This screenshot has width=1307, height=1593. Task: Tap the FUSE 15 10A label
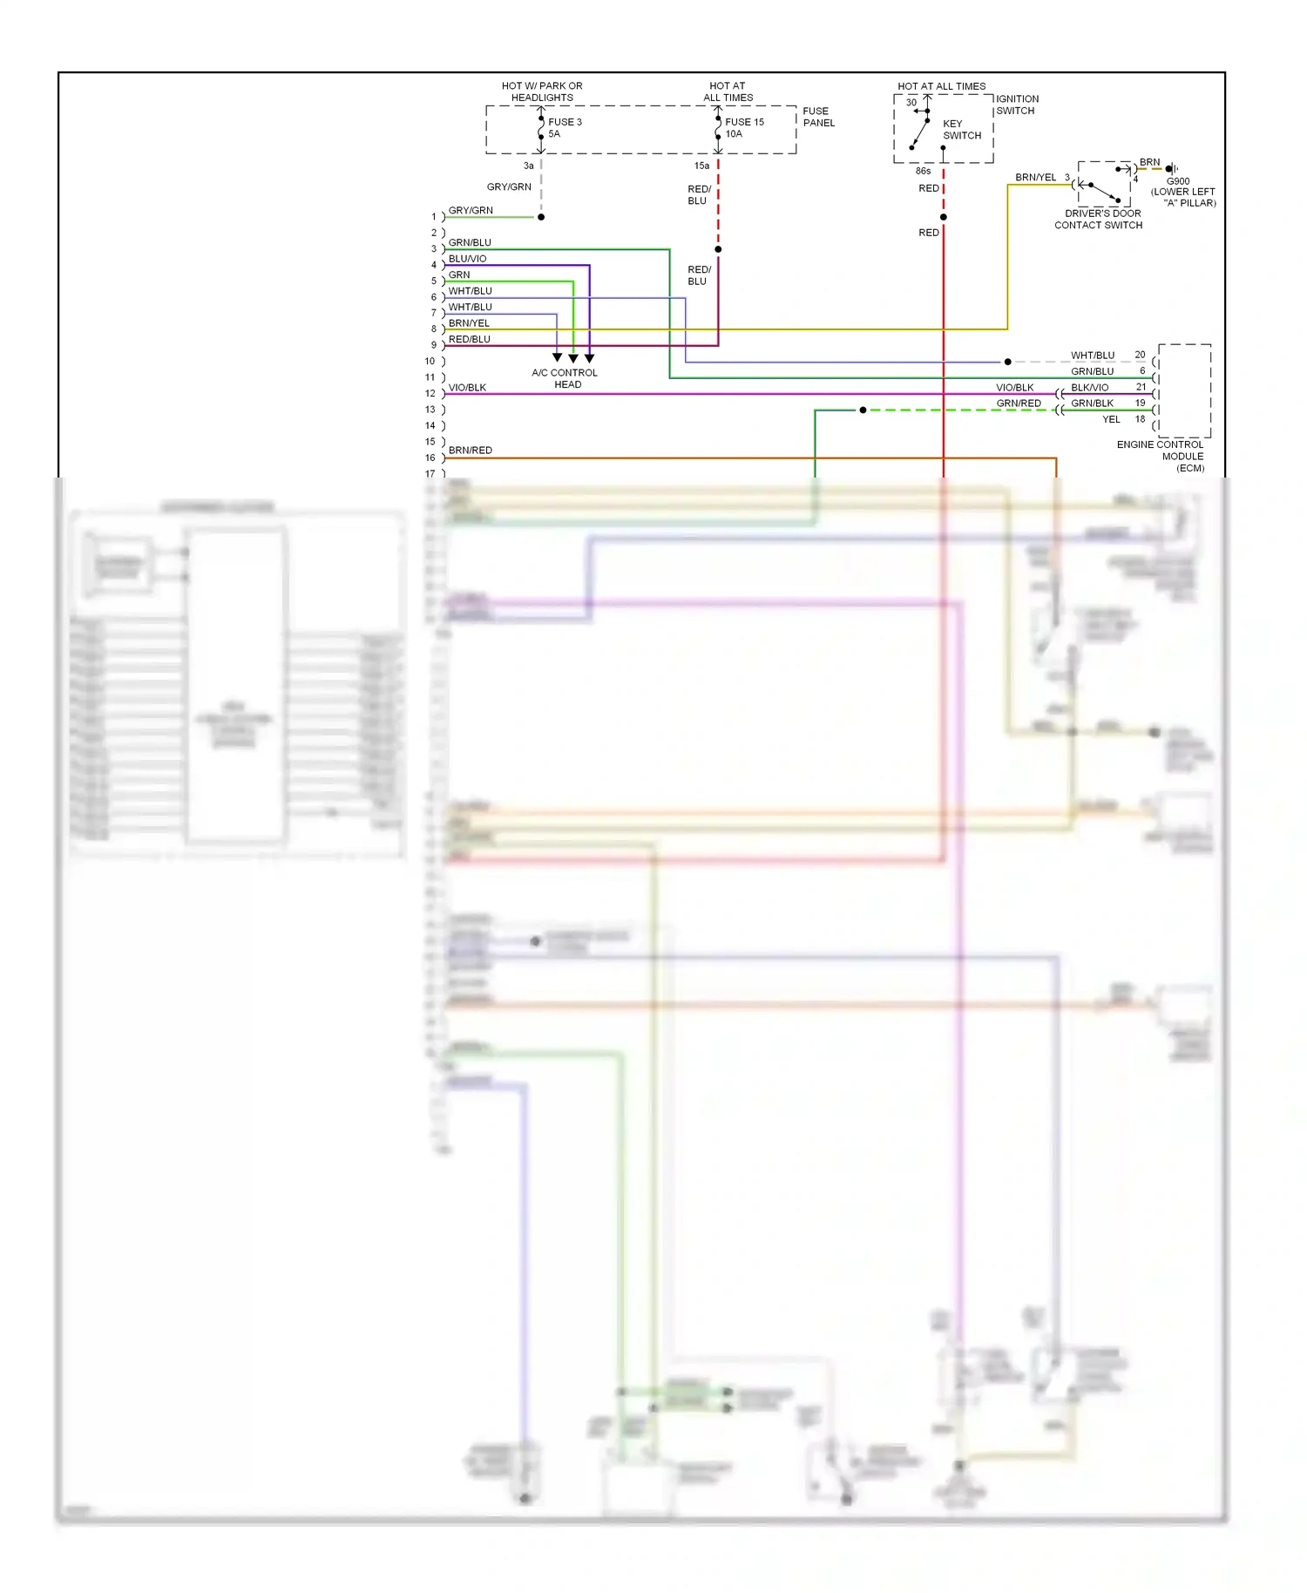[x=743, y=128]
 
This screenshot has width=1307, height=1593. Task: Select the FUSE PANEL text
[x=818, y=117]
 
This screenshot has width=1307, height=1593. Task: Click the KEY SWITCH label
[x=961, y=130]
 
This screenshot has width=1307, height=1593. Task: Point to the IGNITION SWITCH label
[x=1017, y=105]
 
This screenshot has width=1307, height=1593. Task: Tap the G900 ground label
[x=1178, y=182]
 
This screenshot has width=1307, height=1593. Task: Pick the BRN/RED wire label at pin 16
[x=470, y=451]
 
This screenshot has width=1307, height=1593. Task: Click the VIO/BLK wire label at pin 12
[x=467, y=388]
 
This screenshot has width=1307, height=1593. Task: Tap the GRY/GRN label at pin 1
[x=471, y=210]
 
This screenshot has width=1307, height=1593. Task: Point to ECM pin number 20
[x=1140, y=355]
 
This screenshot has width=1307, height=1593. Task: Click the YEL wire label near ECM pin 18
[x=1111, y=419]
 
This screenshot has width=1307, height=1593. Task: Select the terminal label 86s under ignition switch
[x=923, y=171]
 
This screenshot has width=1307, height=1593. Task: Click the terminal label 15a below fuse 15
[x=701, y=166]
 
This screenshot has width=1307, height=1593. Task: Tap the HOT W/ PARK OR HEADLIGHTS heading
[x=542, y=92]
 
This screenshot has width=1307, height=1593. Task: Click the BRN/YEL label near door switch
[x=1035, y=178]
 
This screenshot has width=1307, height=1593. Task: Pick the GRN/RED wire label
[x=1018, y=403]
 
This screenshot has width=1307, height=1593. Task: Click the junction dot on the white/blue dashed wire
[x=1007, y=362]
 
